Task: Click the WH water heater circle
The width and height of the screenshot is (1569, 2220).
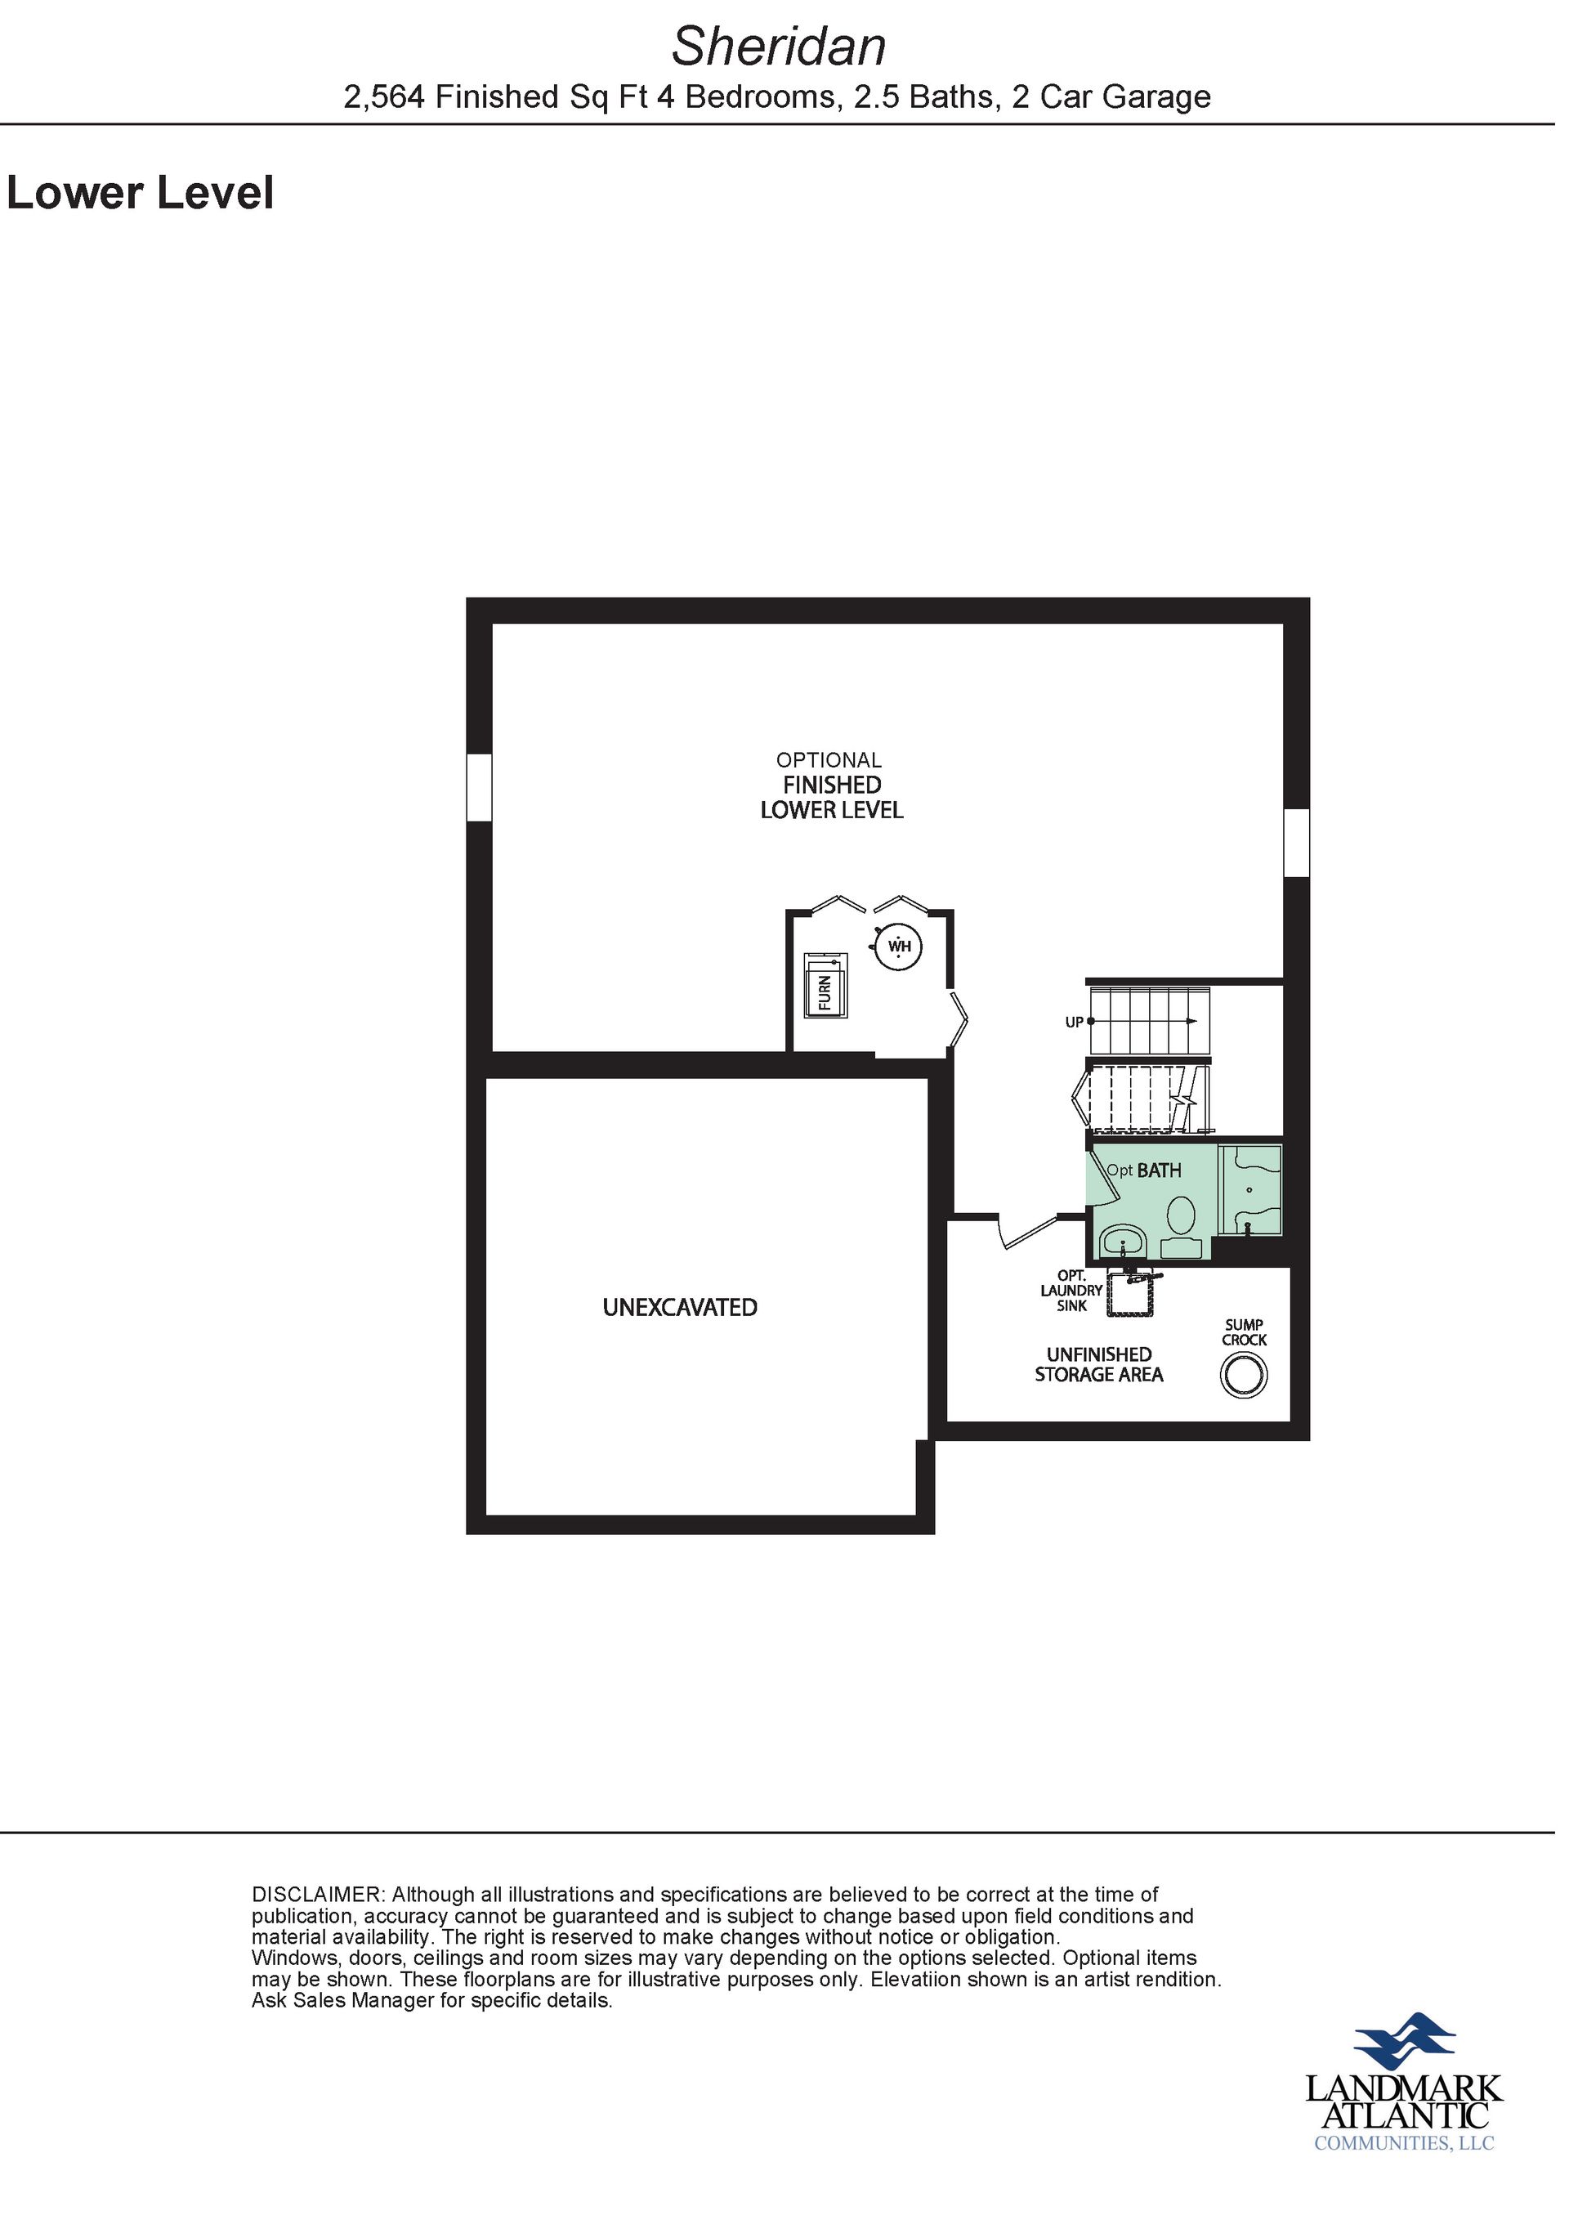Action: click(899, 946)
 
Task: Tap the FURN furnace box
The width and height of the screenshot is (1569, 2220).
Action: click(825, 984)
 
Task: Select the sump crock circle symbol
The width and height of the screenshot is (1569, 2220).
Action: click(1243, 1374)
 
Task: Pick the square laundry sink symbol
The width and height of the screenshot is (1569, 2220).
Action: click(1131, 1294)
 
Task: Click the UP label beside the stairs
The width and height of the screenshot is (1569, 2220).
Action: click(1074, 1022)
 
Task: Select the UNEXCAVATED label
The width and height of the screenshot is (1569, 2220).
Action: click(680, 1307)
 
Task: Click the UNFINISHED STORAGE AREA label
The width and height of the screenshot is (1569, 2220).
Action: click(1099, 1364)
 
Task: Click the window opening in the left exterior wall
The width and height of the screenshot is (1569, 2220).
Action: click(480, 787)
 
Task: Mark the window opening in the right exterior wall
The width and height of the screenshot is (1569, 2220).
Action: click(1296, 842)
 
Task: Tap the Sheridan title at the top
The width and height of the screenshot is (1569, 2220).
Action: click(778, 46)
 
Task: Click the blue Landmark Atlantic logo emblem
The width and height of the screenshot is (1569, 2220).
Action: click(1404, 2040)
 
